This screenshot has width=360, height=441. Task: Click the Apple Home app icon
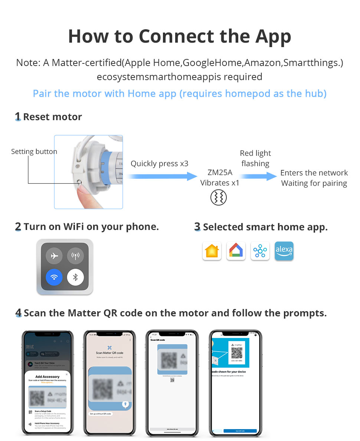pyautogui.click(x=212, y=251)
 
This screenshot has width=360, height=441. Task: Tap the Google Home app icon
pyautogui.click(x=236, y=251)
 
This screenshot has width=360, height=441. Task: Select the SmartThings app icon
pyautogui.click(x=260, y=251)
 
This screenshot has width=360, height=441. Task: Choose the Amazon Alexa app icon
pyautogui.click(x=284, y=251)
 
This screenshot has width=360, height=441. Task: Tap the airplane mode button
pyautogui.click(x=54, y=256)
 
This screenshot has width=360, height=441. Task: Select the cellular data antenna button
pyautogui.click(x=75, y=256)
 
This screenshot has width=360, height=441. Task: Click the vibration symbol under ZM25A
pyautogui.click(x=218, y=198)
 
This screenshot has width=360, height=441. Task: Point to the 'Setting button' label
pyautogui.click(x=34, y=151)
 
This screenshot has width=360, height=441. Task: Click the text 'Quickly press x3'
pyautogui.click(x=160, y=164)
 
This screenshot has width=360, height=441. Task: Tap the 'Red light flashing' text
pyautogui.click(x=255, y=158)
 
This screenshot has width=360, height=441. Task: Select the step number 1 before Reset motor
pyautogui.click(x=17, y=117)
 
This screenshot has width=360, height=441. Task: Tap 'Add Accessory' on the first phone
pyautogui.click(x=47, y=377)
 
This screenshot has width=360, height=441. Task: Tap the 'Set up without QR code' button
pyautogui.click(x=101, y=414)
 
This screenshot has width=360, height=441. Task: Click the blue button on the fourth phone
pyautogui.click(x=240, y=431)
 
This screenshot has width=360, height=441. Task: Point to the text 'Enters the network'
pyautogui.click(x=314, y=173)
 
